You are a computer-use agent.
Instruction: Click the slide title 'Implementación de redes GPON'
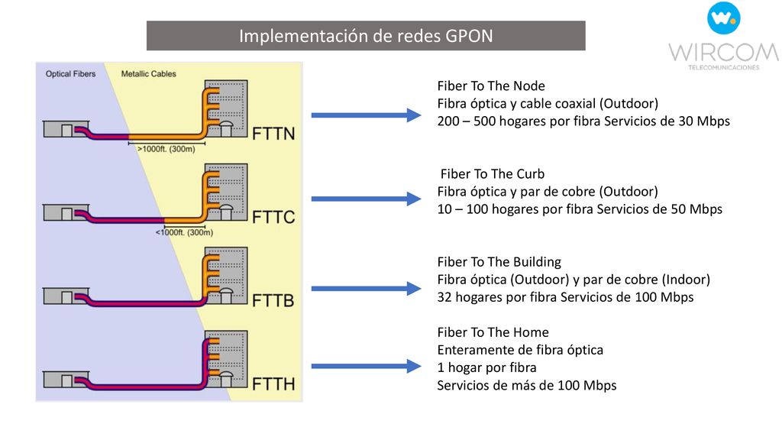coord(366,36)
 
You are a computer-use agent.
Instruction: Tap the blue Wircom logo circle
coord(723,18)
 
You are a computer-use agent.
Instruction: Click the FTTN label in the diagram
coord(273,134)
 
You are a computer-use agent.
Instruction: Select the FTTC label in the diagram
coord(273,217)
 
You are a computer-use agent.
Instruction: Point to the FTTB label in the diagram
coord(273,300)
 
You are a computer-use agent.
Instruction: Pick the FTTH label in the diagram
coord(273,383)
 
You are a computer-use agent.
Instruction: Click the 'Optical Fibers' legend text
coord(70,74)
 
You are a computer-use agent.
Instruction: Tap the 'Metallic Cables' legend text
coord(149,74)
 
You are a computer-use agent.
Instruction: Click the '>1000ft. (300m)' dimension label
coord(166,149)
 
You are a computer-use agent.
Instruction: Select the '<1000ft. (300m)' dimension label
coord(184,232)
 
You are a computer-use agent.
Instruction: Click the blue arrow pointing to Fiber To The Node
coord(366,115)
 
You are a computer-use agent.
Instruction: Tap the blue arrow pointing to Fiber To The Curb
coord(366,199)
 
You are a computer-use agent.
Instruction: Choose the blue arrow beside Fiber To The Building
coord(366,288)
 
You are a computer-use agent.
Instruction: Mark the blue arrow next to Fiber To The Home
coord(366,366)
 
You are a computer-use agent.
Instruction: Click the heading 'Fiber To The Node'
coord(491,86)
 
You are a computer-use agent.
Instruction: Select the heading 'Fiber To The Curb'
coord(493,173)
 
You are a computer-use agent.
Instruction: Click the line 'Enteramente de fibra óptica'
coord(520,350)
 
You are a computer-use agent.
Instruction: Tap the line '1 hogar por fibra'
coord(486,367)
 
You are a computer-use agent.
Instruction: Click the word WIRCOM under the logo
coord(724,53)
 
